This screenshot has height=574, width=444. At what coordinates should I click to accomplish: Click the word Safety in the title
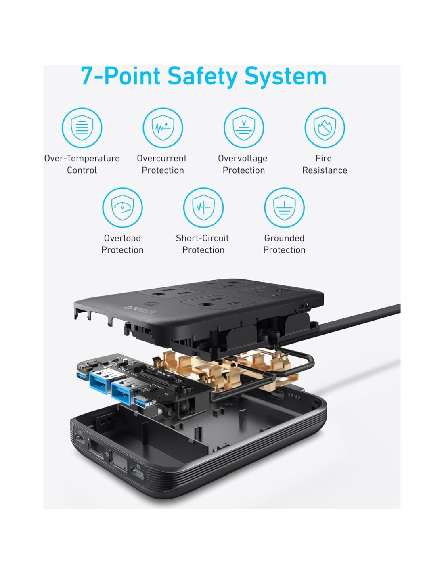[x=202, y=76]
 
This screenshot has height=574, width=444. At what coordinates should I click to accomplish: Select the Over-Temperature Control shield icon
[x=82, y=128]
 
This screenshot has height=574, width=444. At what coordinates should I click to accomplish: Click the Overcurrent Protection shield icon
[x=163, y=128]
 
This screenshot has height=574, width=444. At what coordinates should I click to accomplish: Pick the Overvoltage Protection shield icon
[x=243, y=128]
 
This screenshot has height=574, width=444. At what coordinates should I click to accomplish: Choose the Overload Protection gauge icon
[x=122, y=207]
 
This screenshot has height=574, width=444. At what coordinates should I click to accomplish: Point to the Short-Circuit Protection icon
[x=203, y=207]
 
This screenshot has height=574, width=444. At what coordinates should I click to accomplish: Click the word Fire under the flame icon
[x=324, y=158]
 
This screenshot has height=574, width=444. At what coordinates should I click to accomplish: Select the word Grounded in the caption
[x=284, y=238]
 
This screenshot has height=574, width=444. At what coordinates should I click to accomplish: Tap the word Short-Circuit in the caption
[x=202, y=238]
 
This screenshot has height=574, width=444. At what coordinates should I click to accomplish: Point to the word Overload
[x=122, y=238]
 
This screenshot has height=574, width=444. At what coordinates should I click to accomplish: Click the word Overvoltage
[x=243, y=158]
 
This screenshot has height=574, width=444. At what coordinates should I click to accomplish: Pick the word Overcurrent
[x=161, y=158]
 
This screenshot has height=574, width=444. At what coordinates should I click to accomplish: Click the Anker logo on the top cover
[x=140, y=309]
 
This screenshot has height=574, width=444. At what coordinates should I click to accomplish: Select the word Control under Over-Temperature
[x=82, y=170]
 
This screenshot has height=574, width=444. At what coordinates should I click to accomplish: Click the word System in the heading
[x=285, y=76]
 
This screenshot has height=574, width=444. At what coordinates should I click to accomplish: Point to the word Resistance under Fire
[x=325, y=170]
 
